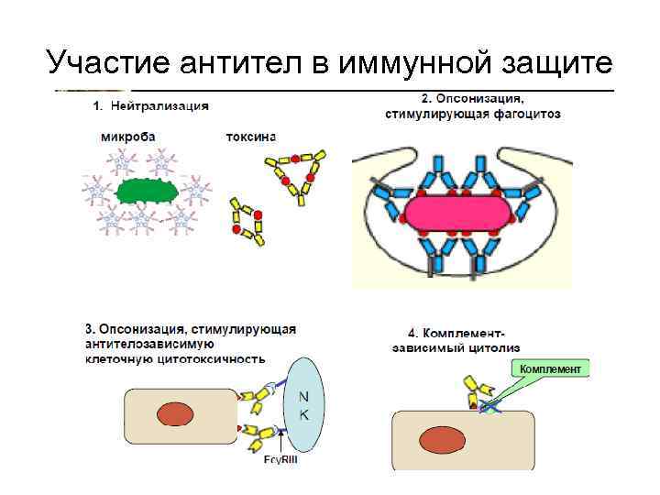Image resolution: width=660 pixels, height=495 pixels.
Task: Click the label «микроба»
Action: coord(129,137)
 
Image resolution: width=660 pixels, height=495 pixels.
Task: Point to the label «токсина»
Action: coord(250,137)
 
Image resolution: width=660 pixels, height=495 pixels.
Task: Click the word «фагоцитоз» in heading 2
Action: coord(526,115)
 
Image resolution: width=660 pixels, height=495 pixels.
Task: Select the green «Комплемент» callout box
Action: coord(551,368)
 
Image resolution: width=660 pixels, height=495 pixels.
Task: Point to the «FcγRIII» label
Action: coord(280,460)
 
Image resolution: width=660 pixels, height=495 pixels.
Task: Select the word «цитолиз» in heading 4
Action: coord(496,348)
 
